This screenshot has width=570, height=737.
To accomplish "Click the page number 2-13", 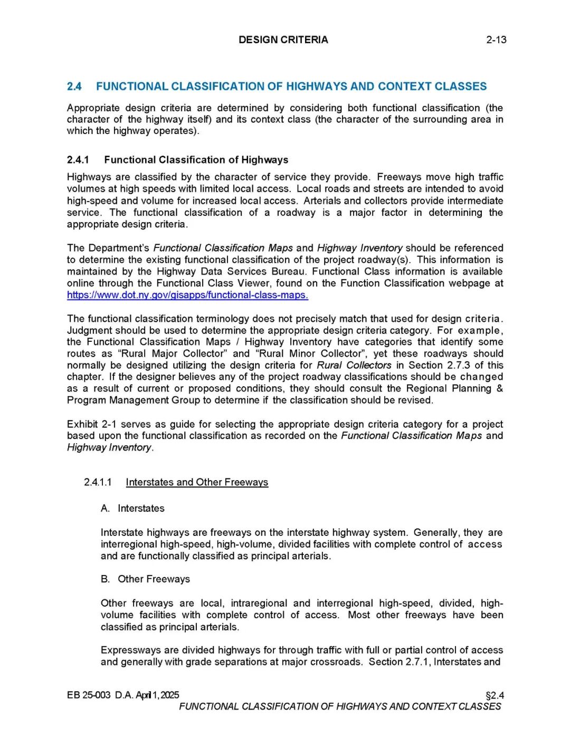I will point(496,40).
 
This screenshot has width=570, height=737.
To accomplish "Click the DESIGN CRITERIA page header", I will point(283,40).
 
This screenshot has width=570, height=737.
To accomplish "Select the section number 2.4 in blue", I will point(74,87).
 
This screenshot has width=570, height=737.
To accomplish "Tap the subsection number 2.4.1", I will point(78,160).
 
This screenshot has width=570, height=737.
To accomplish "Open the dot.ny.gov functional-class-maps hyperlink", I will point(187,295).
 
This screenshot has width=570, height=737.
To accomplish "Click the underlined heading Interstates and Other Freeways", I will point(197,482).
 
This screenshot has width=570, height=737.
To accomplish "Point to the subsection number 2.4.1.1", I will point(98,482).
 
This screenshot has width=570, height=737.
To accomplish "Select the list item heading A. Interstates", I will point(133,508).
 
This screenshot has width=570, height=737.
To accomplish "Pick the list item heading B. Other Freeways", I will point(146,579).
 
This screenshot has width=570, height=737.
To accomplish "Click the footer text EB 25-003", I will point(89,695).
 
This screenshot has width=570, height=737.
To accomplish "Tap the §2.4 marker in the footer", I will point(495,695).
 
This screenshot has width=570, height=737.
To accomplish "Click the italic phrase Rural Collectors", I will point(354,365).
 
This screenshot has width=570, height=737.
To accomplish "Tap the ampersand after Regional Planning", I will point(500,388).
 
